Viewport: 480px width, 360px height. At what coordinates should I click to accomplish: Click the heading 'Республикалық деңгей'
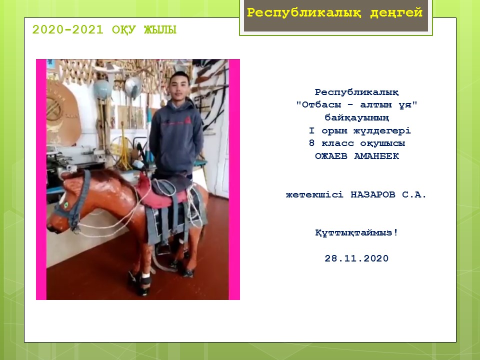click(334, 13)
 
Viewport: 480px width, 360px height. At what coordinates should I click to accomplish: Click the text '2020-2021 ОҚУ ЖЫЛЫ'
click(104, 30)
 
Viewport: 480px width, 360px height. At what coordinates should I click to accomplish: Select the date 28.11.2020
click(356, 258)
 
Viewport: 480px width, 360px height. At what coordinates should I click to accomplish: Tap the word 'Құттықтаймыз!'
click(356, 232)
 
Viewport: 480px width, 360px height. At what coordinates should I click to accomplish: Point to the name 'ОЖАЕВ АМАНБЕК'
click(357, 156)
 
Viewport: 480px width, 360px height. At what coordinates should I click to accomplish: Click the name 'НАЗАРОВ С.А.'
click(388, 194)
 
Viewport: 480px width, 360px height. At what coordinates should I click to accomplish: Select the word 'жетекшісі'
click(314, 194)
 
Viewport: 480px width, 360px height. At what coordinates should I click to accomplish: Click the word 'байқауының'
click(357, 118)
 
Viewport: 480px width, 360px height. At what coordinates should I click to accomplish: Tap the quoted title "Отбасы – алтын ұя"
click(357, 105)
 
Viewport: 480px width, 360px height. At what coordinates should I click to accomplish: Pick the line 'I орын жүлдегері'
click(359, 130)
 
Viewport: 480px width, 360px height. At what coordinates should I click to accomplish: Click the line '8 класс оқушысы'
click(357, 143)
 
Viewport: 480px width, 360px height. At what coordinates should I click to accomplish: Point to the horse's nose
click(51, 226)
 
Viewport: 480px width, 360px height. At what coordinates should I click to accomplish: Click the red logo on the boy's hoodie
click(187, 120)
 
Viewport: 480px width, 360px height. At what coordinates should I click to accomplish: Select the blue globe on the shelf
click(102, 89)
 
